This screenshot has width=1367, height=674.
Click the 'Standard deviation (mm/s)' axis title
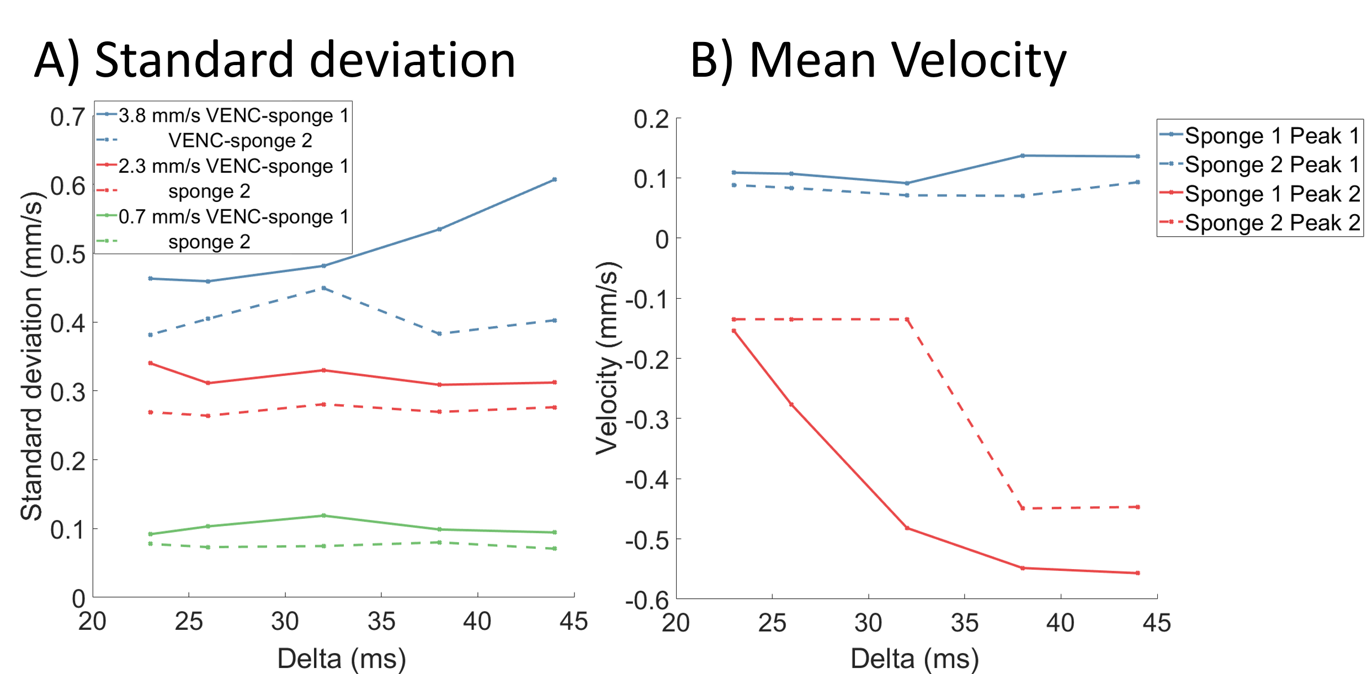click(x=31, y=356)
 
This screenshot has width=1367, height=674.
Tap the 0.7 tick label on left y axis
click(x=68, y=117)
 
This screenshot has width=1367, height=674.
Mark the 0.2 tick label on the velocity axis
click(x=651, y=119)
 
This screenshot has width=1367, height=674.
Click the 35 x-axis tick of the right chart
click(x=965, y=623)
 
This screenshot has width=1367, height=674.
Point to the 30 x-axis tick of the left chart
click(x=285, y=622)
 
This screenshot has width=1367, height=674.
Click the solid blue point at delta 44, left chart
click(x=555, y=179)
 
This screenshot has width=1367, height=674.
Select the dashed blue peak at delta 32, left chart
click(x=323, y=288)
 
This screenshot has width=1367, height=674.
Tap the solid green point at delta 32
click(x=323, y=516)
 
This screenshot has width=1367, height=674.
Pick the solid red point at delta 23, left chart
click(x=151, y=363)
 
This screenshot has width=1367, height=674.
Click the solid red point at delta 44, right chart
click(x=1138, y=573)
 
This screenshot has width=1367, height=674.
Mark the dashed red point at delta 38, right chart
click(x=1023, y=508)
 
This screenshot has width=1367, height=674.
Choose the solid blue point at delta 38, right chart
click(x=1023, y=156)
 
